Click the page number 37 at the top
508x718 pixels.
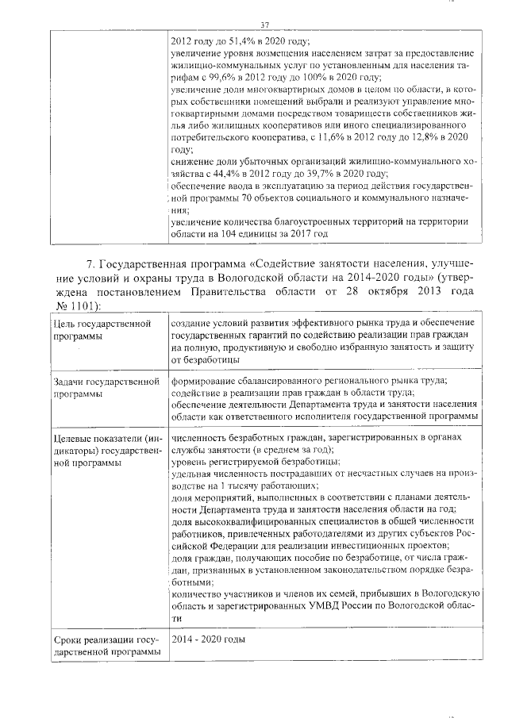(266, 25)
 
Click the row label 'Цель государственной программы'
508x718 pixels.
(102, 331)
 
